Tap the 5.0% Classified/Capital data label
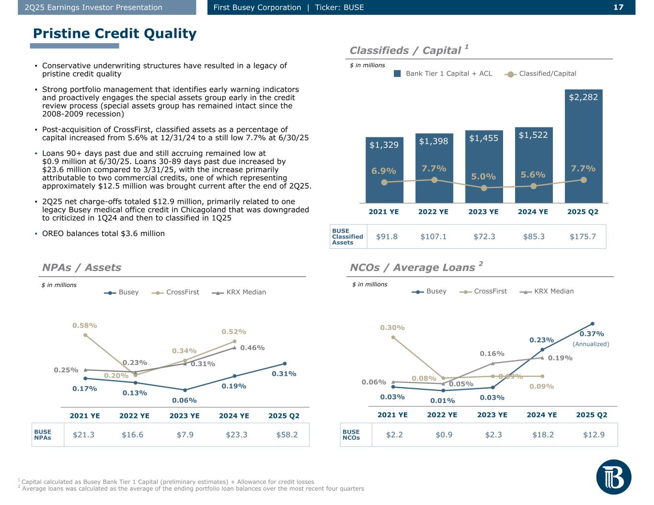[x=483, y=176]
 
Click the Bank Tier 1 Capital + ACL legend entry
[x=443, y=74]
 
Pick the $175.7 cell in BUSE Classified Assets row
[x=583, y=236]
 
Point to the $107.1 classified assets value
[x=434, y=236]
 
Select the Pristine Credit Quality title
[x=115, y=34]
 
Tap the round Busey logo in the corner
[x=614, y=477]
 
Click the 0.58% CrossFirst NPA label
[x=85, y=325]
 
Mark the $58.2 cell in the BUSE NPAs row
[x=287, y=435]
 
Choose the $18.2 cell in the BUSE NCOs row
[x=543, y=435]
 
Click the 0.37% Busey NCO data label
[x=592, y=334]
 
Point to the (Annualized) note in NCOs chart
[x=591, y=344]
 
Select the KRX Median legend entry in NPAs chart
[x=239, y=292]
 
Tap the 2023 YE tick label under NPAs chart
[x=184, y=415]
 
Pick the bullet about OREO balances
[x=103, y=234]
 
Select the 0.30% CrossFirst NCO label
[x=392, y=328]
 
